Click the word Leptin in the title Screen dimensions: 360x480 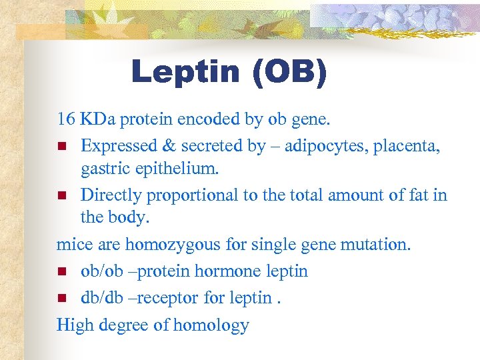coord(185,72)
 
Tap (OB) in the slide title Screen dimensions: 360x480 coord(289,72)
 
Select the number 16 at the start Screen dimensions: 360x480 coord(65,119)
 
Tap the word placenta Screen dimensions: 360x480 coord(406,145)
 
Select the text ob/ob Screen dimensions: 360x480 coord(99,271)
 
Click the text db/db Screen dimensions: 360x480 coord(99,297)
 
